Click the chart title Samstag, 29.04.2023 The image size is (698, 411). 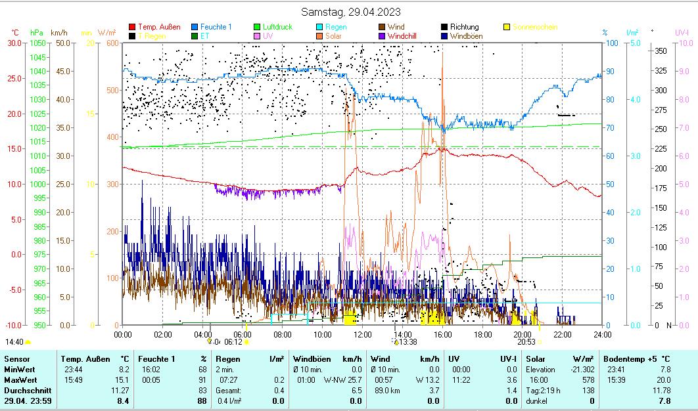coord(350,12)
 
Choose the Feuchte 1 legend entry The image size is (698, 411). coord(216,27)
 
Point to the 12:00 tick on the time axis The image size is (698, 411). coord(363,334)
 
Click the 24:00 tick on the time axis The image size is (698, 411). coord(602,334)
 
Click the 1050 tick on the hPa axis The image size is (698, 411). coord(37,43)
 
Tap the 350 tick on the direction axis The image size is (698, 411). coord(661,51)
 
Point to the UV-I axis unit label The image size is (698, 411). coord(682,32)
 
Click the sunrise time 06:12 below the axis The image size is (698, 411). coord(233,342)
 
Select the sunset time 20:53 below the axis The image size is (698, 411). coord(526,342)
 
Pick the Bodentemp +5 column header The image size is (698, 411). coord(636,359)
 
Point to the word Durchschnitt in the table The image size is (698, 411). coord(26,391)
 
